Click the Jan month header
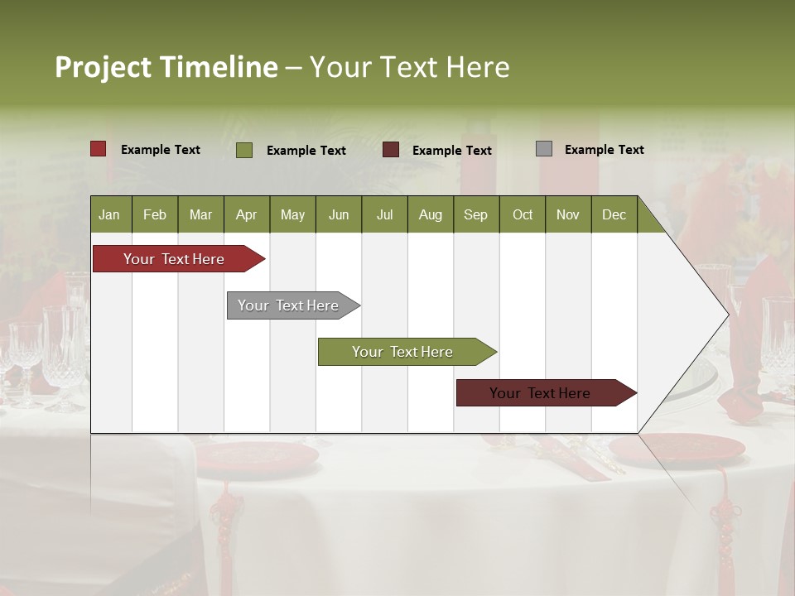tap(110, 214)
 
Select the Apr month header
tap(247, 214)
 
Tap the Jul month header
tap(384, 214)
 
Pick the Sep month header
tap(476, 214)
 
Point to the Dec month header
tap(614, 214)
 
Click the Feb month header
tap(155, 214)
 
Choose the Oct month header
tap(523, 214)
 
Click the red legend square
tap(99, 149)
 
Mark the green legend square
tap(244, 150)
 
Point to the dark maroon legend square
tap(391, 150)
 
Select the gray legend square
tap(544, 149)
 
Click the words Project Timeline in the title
tap(166, 67)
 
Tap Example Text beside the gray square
tap(604, 150)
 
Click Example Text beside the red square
tap(161, 150)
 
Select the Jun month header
tap(339, 214)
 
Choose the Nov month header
tap(568, 214)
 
